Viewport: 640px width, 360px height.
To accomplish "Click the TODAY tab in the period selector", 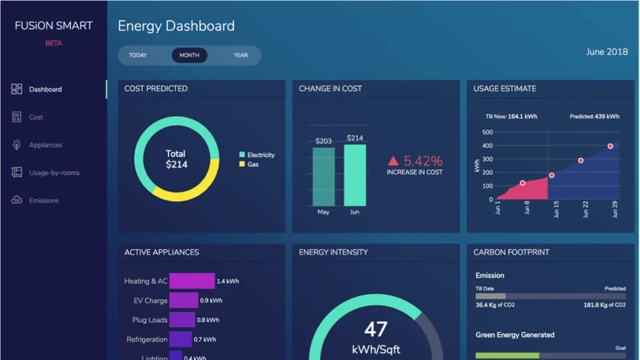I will pos(137,55).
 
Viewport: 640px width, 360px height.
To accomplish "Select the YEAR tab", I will pos(241,55).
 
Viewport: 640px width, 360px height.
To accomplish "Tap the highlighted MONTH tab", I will pos(189,55).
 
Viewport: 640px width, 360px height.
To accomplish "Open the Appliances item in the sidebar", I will pos(45,145).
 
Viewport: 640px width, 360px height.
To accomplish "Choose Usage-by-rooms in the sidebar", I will pos(54,172).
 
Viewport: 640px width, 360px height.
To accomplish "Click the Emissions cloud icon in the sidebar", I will pos(17,200).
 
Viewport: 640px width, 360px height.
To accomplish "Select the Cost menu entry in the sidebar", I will pos(36,117).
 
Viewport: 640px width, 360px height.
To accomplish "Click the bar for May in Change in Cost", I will pos(323,177).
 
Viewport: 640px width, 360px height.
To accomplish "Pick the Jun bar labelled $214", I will pos(354,175).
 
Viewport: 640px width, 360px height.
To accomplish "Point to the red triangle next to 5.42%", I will pos(393,161).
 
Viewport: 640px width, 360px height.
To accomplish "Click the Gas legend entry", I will pos(252,164).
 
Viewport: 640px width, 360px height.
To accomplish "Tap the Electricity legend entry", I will pos(260,155).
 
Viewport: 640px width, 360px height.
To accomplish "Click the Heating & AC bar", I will pos(191,281).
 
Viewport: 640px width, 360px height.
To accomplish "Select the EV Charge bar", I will pos(183,301).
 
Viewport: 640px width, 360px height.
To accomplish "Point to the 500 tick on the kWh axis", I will pos(487,132).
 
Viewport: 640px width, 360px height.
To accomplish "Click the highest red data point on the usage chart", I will pos(610,146).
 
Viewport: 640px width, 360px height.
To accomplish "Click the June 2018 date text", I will pos(606,52).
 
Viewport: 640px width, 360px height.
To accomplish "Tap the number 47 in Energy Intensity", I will pos(376,329).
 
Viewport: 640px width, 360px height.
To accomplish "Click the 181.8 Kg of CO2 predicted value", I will pos(604,305).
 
